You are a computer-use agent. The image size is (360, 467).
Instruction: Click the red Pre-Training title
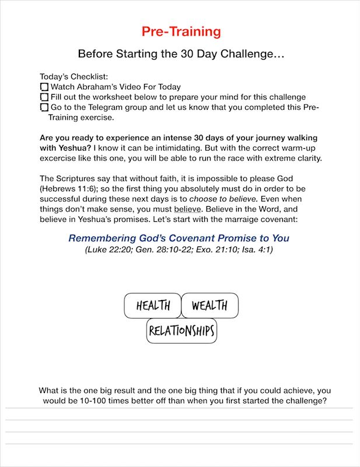181,32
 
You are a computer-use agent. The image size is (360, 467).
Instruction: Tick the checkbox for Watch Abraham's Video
44,87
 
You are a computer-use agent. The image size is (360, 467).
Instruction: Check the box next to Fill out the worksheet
44,97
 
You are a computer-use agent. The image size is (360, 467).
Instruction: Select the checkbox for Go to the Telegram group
44,107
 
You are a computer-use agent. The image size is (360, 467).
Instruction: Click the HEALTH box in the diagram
153,305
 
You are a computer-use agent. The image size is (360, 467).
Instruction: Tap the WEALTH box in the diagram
209,305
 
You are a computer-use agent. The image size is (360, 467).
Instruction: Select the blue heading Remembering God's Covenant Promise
179,238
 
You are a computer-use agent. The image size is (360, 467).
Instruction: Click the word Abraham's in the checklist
101,87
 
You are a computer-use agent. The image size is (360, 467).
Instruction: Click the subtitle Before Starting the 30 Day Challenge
181,54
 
